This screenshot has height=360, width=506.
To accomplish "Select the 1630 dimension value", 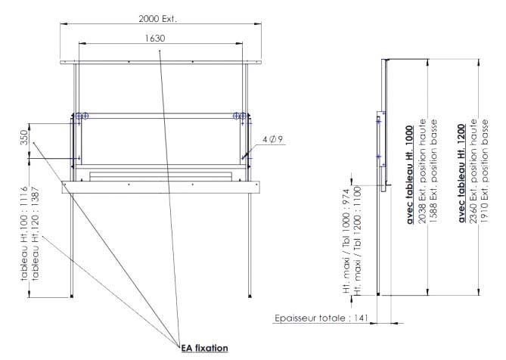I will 156,38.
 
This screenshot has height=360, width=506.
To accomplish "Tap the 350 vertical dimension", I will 24,140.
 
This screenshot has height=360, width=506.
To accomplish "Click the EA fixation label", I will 204,349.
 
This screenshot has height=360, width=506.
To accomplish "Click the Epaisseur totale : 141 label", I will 321,318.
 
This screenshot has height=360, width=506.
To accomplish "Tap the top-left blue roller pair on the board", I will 82,116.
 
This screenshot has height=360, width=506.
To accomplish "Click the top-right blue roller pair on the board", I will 240,116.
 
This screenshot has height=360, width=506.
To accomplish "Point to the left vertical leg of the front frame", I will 72,242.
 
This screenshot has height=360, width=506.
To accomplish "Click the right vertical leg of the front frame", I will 250,242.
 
